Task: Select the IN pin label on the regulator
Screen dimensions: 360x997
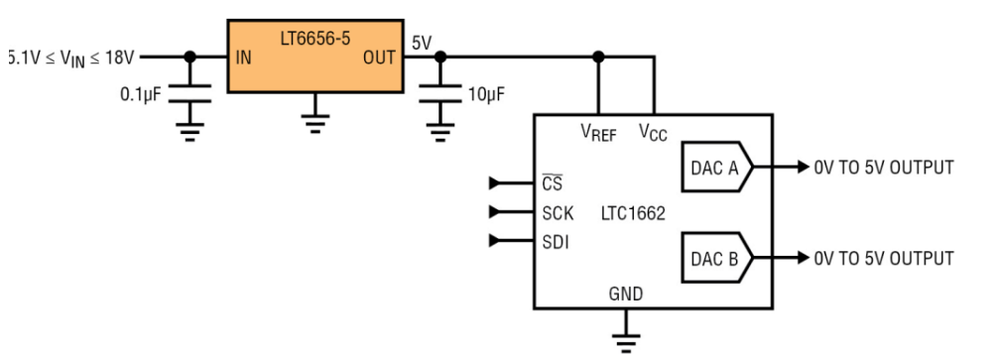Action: click(x=243, y=58)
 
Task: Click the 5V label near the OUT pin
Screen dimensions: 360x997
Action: click(x=423, y=44)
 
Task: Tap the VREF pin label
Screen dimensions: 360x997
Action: click(x=598, y=132)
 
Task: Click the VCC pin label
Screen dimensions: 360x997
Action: click(x=654, y=132)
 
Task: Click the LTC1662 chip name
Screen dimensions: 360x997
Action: click(x=633, y=213)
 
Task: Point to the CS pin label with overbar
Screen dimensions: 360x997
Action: click(x=553, y=183)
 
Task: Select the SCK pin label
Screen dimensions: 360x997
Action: click(x=558, y=213)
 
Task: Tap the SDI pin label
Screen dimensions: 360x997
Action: click(x=556, y=242)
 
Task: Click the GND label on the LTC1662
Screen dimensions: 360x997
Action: click(x=626, y=294)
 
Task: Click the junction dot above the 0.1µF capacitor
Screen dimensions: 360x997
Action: click(x=190, y=58)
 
